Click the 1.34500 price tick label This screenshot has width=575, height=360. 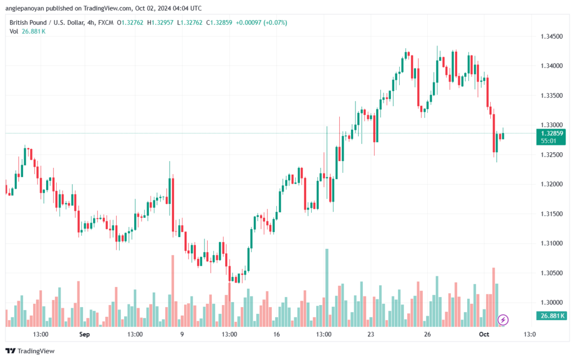(549, 37)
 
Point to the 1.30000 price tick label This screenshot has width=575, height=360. (549, 302)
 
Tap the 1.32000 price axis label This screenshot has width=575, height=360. (549, 184)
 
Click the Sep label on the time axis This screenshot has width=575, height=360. (84, 334)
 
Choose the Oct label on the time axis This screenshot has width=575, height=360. (483, 334)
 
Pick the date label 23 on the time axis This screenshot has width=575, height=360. (371, 334)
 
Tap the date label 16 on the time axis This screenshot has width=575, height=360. (276, 334)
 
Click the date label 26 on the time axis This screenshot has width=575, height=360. (427, 334)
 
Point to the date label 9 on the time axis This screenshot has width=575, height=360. (182, 334)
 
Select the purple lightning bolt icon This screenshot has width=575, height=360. (504, 320)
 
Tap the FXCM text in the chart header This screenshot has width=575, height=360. (104, 22)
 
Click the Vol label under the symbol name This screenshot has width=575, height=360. (13, 31)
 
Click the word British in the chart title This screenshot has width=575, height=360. (20, 22)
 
